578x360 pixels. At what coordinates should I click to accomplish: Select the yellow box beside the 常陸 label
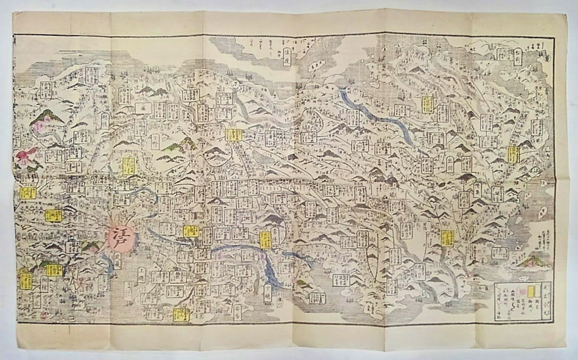[x=266, y=240]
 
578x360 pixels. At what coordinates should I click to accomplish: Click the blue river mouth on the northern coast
[x=342, y=93]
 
